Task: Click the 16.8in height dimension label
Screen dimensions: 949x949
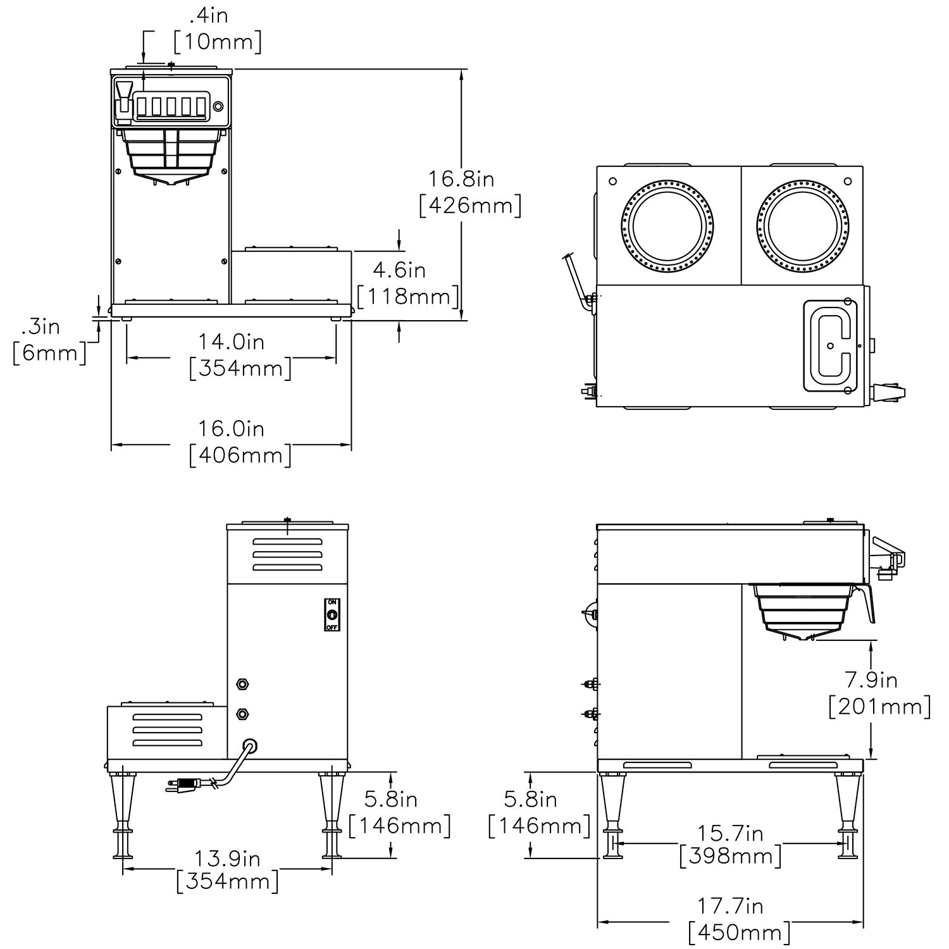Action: [x=461, y=179]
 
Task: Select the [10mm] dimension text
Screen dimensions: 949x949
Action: [x=217, y=42]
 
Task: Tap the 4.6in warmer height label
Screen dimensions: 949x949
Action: [x=399, y=270]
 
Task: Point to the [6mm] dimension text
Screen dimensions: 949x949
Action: [x=49, y=352]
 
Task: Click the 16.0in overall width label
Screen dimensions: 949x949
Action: [x=232, y=429]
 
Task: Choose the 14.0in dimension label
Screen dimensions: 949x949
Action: [x=232, y=342]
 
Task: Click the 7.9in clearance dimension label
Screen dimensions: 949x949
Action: [x=871, y=680]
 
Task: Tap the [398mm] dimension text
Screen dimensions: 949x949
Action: [x=731, y=857]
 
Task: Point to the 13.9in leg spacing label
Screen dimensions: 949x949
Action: [x=227, y=859]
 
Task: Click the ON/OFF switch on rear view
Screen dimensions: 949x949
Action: [x=332, y=614]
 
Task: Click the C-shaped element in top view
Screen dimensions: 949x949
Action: [x=829, y=345]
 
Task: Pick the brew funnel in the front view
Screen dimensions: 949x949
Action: [x=171, y=155]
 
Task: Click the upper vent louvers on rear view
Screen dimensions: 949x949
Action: [x=287, y=555]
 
